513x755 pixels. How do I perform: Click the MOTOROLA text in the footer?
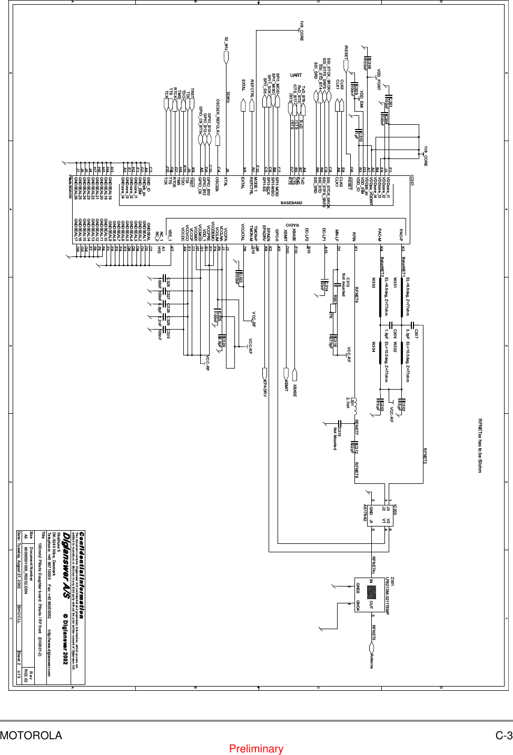31,736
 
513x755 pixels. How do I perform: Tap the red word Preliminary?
256,749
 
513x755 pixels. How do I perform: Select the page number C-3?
504,736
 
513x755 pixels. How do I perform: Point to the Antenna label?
372,659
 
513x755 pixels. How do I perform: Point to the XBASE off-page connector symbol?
295,375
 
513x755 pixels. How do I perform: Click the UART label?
296,75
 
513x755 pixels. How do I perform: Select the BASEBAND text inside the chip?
291,203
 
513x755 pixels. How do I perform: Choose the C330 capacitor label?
168,333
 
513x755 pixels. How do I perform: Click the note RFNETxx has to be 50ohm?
480,445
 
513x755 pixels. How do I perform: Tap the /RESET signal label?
346,52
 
